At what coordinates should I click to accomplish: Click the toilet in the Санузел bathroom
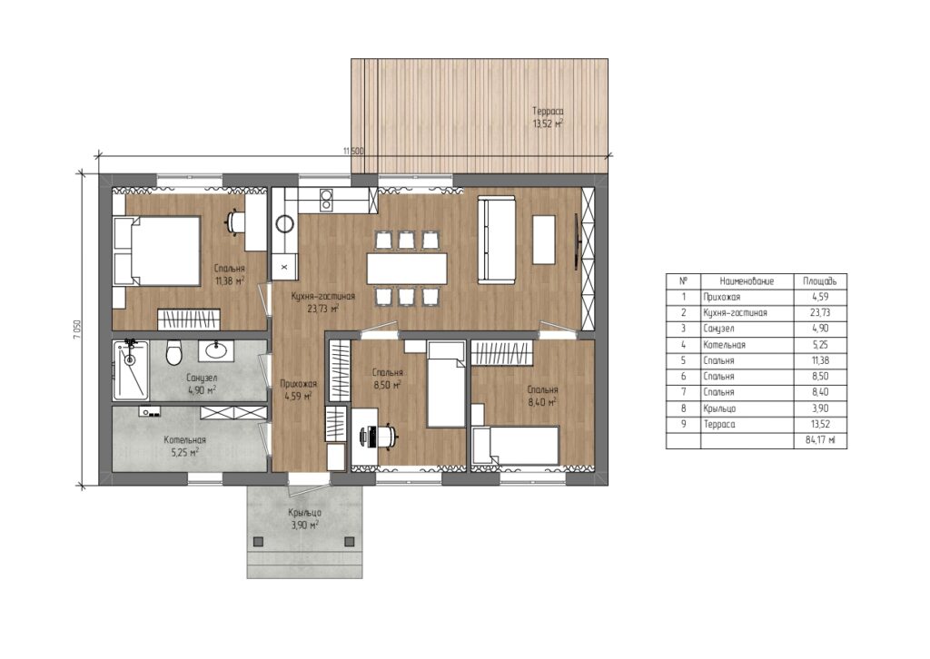[173, 352]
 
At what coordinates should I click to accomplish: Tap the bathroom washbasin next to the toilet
[215, 350]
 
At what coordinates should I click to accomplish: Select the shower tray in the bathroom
[131, 369]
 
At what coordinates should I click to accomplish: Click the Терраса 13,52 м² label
[548, 117]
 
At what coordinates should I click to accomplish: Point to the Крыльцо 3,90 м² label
[305, 518]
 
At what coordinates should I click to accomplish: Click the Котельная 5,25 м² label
[184, 446]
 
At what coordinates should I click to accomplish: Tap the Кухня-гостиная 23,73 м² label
[322, 301]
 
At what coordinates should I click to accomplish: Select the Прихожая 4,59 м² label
[298, 390]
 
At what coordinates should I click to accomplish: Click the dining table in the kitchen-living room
[407, 269]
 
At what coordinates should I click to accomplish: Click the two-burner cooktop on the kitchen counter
[326, 200]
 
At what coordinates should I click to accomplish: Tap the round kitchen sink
[284, 224]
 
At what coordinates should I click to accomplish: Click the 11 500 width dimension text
[353, 151]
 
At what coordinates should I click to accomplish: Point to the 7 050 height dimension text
[76, 329]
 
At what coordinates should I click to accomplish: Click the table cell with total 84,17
[820, 440]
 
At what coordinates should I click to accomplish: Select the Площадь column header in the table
[820, 280]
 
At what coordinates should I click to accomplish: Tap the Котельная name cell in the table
[747, 345]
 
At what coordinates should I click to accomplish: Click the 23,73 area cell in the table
[820, 313]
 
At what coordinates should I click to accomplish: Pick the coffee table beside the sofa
[544, 240]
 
